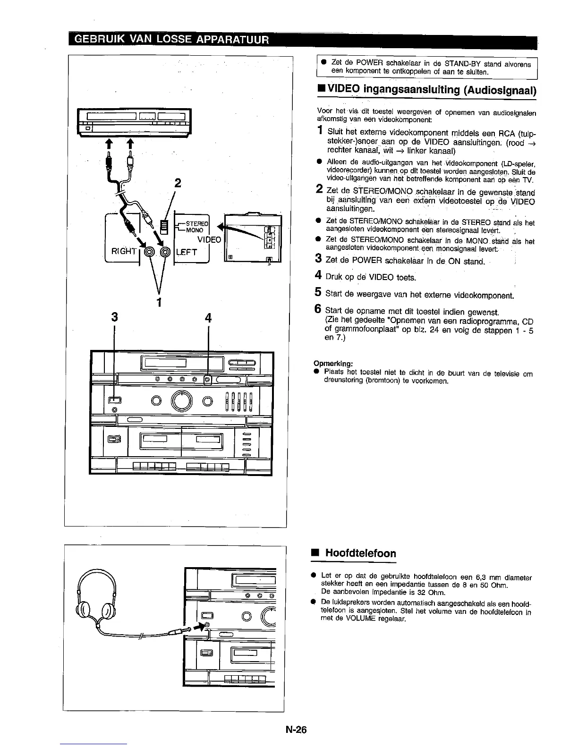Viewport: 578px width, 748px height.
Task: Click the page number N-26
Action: pos(296,730)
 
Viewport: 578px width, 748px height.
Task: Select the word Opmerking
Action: pos(334,364)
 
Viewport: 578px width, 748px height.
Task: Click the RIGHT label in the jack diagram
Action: pos(123,251)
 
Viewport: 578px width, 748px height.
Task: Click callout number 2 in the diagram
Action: pos(178,182)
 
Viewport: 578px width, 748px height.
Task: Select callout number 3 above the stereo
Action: pos(114,318)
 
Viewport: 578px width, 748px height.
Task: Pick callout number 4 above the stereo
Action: pos(208,318)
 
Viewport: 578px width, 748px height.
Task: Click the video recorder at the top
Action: pos(134,123)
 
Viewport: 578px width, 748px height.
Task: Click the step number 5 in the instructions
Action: pos(319,292)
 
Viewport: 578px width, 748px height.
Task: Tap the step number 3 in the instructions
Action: pos(319,259)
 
